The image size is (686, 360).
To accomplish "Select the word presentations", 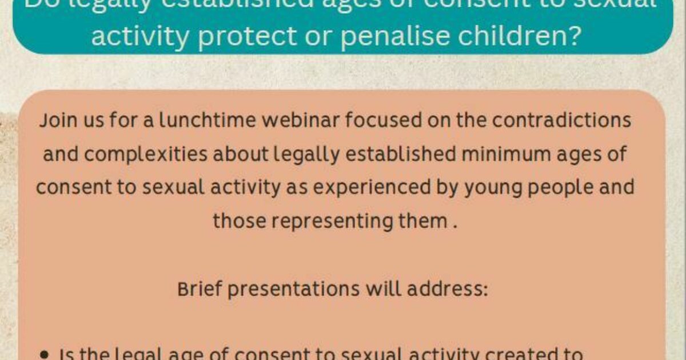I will coord(292,289).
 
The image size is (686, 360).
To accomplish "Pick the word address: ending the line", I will coord(450,289).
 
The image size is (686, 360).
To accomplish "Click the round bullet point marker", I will coord(45,355).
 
